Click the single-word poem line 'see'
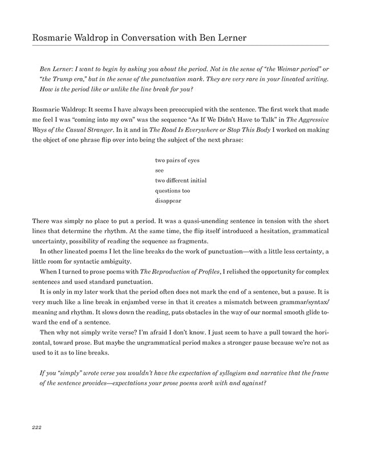coord(160,170)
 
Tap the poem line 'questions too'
coord(173,191)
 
